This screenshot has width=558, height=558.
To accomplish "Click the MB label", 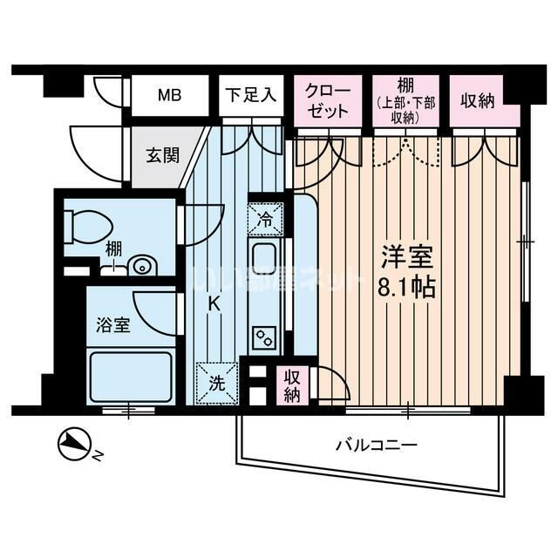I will [169, 95].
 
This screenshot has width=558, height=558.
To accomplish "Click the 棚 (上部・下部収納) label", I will [406, 100].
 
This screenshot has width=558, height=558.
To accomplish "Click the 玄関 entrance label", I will [162, 156].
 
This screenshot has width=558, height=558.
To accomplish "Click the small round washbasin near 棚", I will [139, 264].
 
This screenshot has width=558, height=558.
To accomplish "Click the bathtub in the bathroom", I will [132, 377].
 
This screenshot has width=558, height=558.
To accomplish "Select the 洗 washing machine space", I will [214, 381].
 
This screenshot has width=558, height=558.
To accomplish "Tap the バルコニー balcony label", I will [378, 445].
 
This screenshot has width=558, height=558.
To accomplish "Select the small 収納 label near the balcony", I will [290, 385].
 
